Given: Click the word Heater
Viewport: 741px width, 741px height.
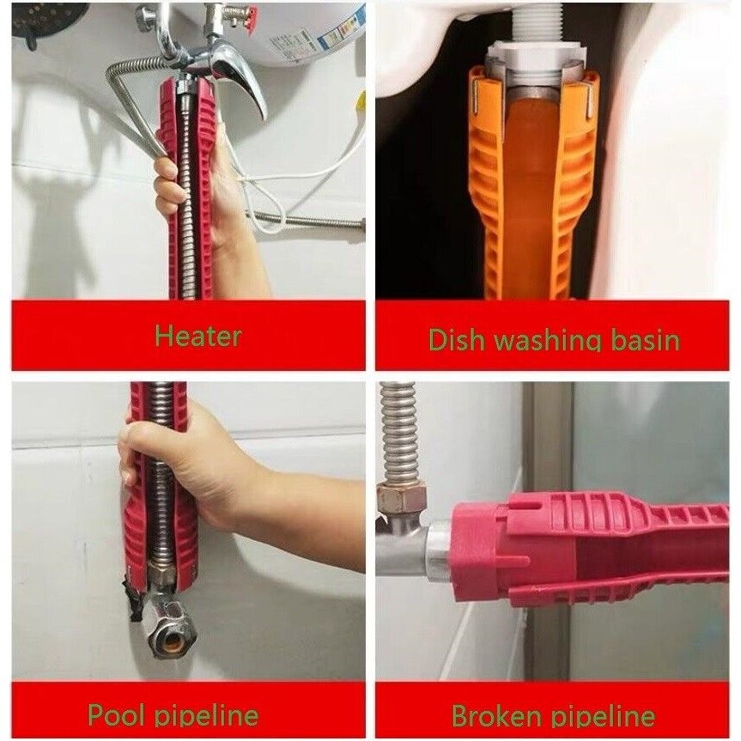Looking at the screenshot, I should pos(197,336).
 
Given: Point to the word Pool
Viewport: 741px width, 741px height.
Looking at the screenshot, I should pos(119,715).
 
